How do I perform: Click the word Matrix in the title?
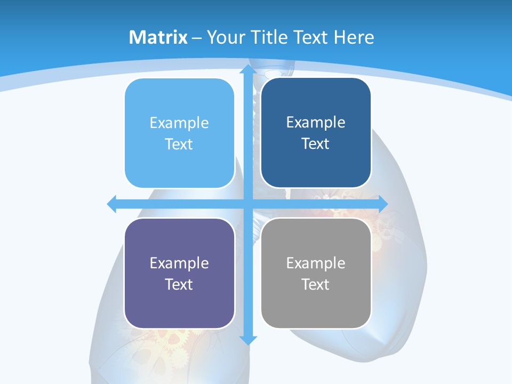(x=158, y=37)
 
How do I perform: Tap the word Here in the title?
(x=354, y=37)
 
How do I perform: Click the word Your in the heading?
(x=224, y=37)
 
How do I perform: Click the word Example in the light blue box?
(x=179, y=123)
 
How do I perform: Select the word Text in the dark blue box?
(x=316, y=144)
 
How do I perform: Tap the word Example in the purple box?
(x=179, y=263)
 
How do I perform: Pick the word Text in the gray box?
(x=316, y=284)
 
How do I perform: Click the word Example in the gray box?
(x=316, y=263)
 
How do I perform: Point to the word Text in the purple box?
(x=179, y=284)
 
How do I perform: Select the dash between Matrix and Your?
(x=197, y=38)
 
